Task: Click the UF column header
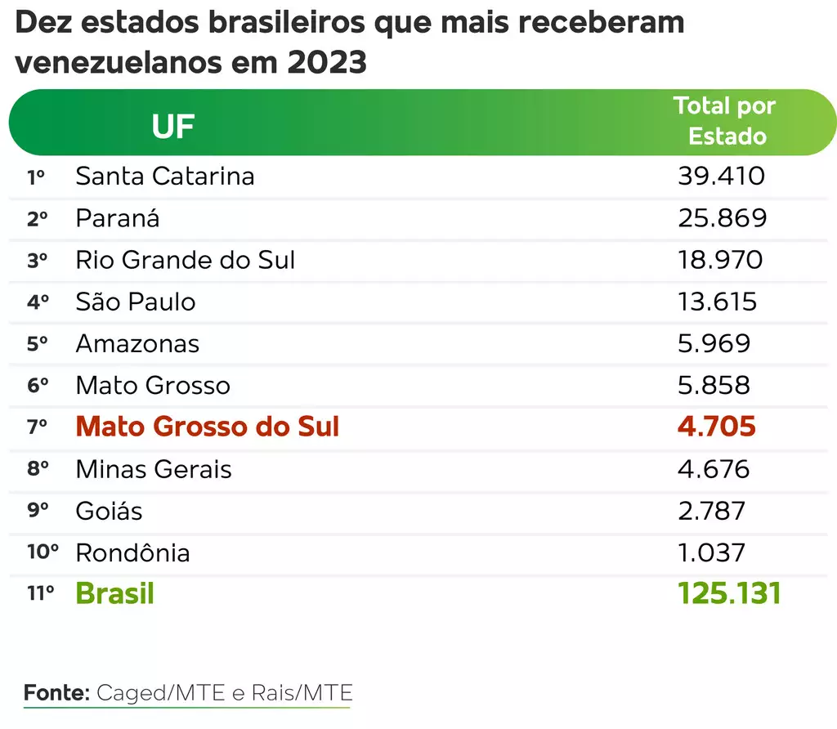tap(173, 127)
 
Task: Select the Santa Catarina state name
tap(165, 177)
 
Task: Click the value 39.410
tap(721, 177)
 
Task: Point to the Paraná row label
tap(118, 218)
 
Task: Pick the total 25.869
tap(723, 218)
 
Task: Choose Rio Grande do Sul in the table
tap(186, 260)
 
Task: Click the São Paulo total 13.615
tap(718, 302)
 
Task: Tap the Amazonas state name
tap(137, 343)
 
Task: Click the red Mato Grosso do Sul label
tap(208, 427)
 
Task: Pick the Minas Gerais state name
tap(154, 469)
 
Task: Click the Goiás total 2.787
tap(712, 511)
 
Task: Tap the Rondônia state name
tap(132, 552)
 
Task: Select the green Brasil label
tap(115, 594)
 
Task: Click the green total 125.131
tap(729, 594)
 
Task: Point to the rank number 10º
tap(43, 552)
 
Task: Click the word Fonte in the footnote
tap(56, 693)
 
